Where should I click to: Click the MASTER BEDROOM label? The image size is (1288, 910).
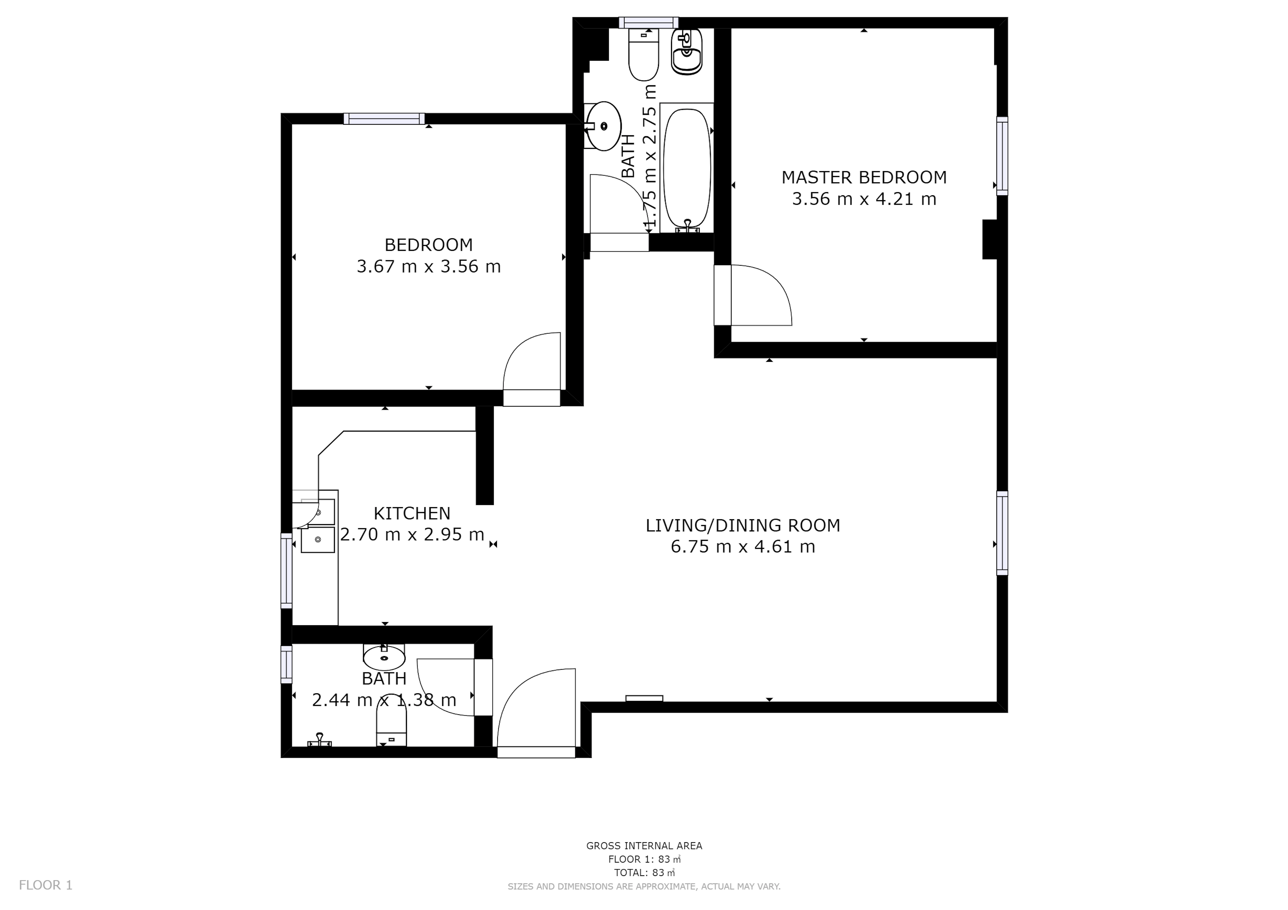coord(864,177)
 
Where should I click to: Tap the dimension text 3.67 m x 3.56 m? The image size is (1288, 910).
coord(428,266)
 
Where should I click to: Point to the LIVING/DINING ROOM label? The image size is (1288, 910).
coord(743,525)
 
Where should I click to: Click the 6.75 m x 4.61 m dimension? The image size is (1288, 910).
coord(743,547)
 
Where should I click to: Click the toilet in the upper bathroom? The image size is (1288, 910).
coord(643,54)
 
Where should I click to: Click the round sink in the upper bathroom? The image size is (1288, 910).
coord(604,126)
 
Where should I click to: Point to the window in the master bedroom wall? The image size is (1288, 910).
coord(1002,156)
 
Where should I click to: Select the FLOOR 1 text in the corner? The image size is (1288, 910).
coord(46,885)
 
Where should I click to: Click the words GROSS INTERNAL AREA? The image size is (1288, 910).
coord(644,845)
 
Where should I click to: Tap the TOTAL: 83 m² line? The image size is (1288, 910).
coord(644,872)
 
